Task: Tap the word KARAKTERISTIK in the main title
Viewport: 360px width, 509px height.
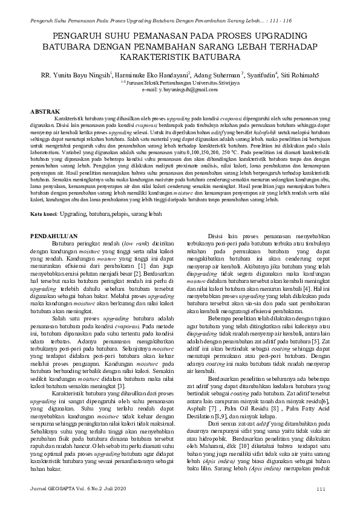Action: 151,57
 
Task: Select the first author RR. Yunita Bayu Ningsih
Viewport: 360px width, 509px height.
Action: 76,76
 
